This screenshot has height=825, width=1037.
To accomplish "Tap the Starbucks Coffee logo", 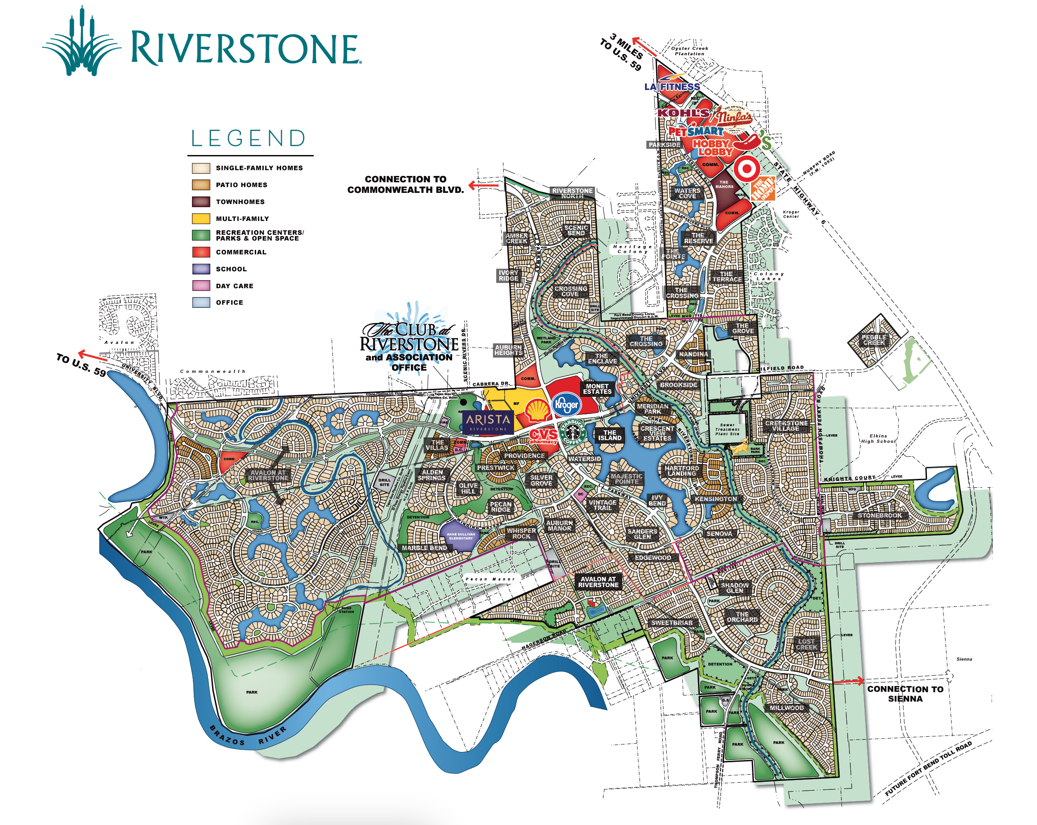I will [x=572, y=431].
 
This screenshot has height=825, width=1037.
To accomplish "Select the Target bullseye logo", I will [x=746, y=169].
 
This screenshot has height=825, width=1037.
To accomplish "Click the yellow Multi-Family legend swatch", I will [x=200, y=218].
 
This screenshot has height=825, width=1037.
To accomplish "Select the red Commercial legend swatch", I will [x=200, y=252].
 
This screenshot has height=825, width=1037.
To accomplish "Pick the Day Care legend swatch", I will [x=200, y=286].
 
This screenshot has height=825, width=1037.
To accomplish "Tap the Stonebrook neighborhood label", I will [x=879, y=515].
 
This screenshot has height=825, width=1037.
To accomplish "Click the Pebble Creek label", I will [x=874, y=340].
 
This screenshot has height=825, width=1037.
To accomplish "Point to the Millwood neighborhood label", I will [x=786, y=708].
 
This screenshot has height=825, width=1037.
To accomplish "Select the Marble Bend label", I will [x=424, y=548].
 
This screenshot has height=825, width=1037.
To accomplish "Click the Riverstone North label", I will [x=572, y=193].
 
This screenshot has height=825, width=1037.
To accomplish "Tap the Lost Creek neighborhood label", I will [x=806, y=644].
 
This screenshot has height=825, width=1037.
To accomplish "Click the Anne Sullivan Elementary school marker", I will [x=460, y=536].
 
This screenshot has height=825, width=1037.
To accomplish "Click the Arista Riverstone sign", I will [x=488, y=421].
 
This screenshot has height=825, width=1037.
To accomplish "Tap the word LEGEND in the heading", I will [x=248, y=139].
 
